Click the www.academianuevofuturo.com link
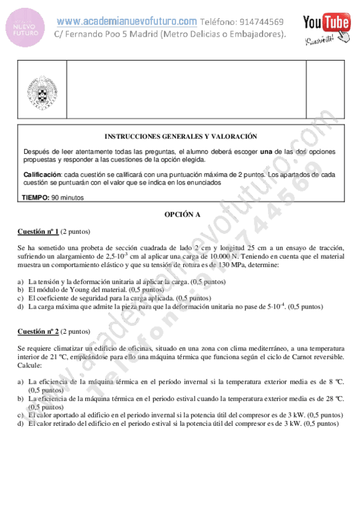pyautogui.click(x=127, y=21)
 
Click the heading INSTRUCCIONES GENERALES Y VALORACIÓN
pyautogui.click(x=181, y=137)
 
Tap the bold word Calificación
pyautogui.click(x=42, y=174)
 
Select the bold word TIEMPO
pyautogui.click(x=35, y=197)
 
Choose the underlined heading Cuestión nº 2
pyautogui.click(x=38, y=331)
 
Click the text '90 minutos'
pyautogui.click(x=68, y=197)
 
